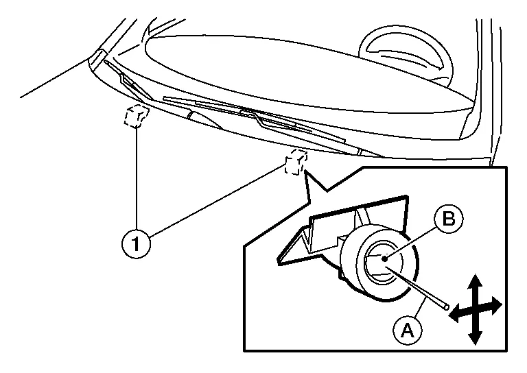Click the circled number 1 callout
pos(136,243)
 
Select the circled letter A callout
pos(408,330)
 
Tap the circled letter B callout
pos(448,218)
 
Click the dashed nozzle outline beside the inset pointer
pos(296,163)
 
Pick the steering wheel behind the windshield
pos(407,57)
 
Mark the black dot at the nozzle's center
pos(384,258)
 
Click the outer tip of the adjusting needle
pos(446,307)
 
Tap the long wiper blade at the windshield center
pos(255,120)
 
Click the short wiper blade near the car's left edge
pos(128,82)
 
